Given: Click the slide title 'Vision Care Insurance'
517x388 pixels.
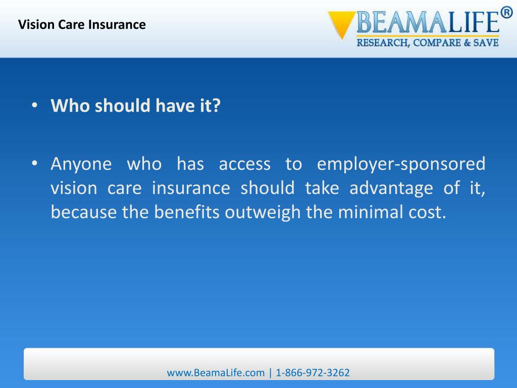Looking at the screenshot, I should tap(82, 24).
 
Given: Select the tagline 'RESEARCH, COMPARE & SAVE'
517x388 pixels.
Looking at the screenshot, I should tap(428, 43).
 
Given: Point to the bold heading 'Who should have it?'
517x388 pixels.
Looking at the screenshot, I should tap(136, 106).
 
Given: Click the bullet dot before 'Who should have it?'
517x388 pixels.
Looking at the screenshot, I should tap(34, 106).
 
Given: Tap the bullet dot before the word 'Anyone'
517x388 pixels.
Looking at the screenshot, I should tap(34, 164).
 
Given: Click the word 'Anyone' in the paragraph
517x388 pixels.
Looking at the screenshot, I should tap(81, 164).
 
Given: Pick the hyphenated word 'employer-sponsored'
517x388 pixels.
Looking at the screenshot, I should tap(401, 164).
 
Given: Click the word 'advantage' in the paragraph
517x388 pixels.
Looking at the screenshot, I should tap(391, 188).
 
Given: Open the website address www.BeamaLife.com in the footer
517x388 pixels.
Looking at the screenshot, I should tap(216, 373).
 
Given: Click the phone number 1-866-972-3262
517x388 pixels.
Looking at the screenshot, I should tap(313, 373).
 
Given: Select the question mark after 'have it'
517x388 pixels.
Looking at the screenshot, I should tap(216, 106).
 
